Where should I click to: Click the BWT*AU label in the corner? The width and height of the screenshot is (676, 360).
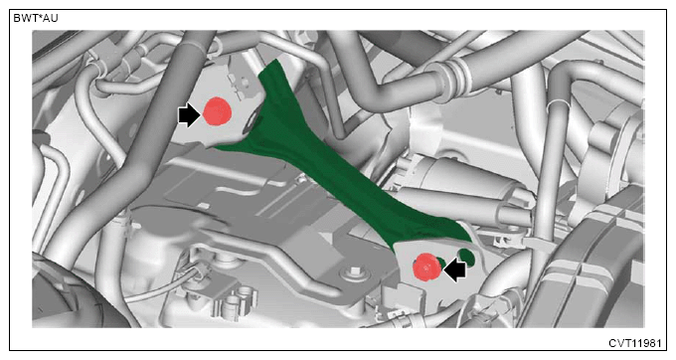[x=36, y=19]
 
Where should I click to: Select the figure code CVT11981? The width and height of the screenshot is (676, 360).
[x=634, y=343]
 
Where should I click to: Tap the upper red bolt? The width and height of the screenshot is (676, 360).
[x=218, y=111]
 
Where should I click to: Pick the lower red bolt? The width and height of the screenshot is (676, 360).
[x=426, y=268]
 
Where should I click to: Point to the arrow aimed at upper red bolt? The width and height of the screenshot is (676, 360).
[x=189, y=115]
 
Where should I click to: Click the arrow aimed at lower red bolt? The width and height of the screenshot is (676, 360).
[x=455, y=270]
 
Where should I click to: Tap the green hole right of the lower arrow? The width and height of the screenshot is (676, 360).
[x=467, y=257]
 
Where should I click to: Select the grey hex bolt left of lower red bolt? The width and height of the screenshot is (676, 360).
[x=353, y=272]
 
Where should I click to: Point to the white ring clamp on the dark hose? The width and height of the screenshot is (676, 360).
[x=558, y=103]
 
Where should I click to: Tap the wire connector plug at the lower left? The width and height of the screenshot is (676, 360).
[x=193, y=270]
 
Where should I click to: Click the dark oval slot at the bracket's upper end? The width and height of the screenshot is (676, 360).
[x=252, y=123]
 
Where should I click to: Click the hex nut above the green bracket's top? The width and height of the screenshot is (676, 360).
[x=307, y=40]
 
